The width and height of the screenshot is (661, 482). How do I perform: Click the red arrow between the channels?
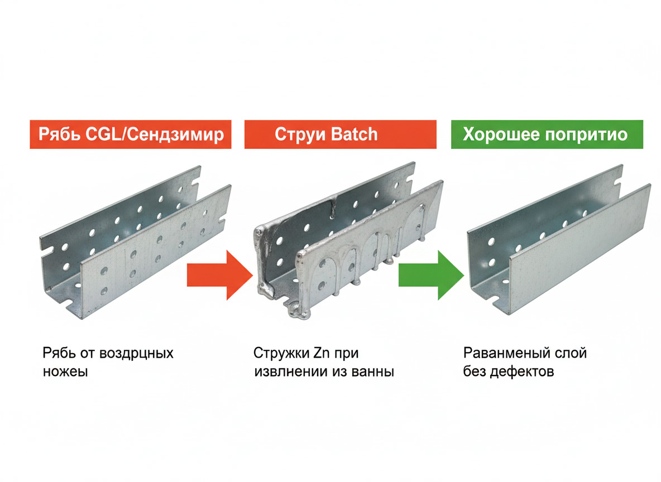(x=219, y=275)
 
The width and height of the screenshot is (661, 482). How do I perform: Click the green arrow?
(x=431, y=275)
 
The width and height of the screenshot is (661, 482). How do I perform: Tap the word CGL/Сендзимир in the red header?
(x=154, y=134)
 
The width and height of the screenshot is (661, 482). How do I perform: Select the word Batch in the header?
(x=354, y=134)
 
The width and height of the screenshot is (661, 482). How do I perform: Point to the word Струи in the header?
(x=300, y=135)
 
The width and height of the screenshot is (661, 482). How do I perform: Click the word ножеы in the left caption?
(x=65, y=372)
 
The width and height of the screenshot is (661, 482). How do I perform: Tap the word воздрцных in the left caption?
(x=136, y=354)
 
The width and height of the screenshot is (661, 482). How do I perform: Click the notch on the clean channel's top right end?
(x=618, y=180)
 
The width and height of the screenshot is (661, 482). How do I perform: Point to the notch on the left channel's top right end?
(x=195, y=182)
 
